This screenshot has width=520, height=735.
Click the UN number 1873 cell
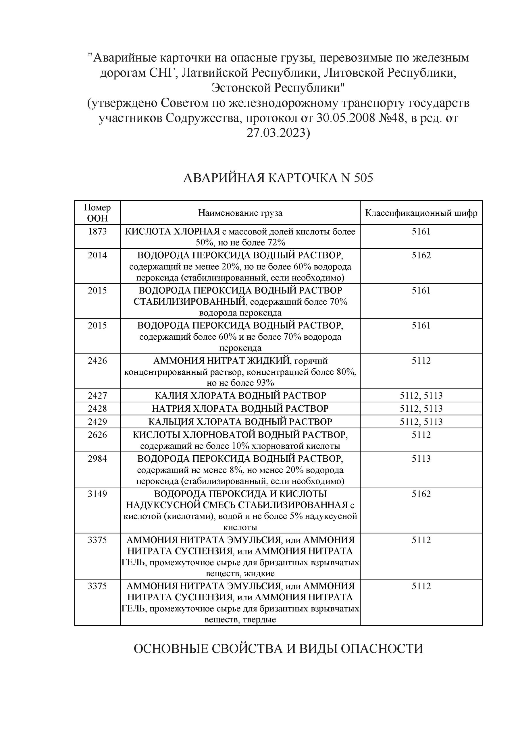(97, 231)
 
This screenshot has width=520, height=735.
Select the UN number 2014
(97, 255)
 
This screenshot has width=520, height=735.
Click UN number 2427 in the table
(97, 396)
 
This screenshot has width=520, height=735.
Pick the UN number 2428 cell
(97, 409)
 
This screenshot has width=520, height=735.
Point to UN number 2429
(97, 421)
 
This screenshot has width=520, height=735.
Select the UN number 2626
(97, 435)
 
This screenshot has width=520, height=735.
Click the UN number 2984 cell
(97, 459)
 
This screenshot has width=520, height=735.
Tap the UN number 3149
(97, 494)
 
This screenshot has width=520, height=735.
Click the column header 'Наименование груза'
(240, 213)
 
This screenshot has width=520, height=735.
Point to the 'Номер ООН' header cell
(97, 212)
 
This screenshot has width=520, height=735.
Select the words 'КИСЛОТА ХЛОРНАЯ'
(172, 231)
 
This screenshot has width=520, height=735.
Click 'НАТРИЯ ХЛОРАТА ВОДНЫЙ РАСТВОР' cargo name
(240, 409)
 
